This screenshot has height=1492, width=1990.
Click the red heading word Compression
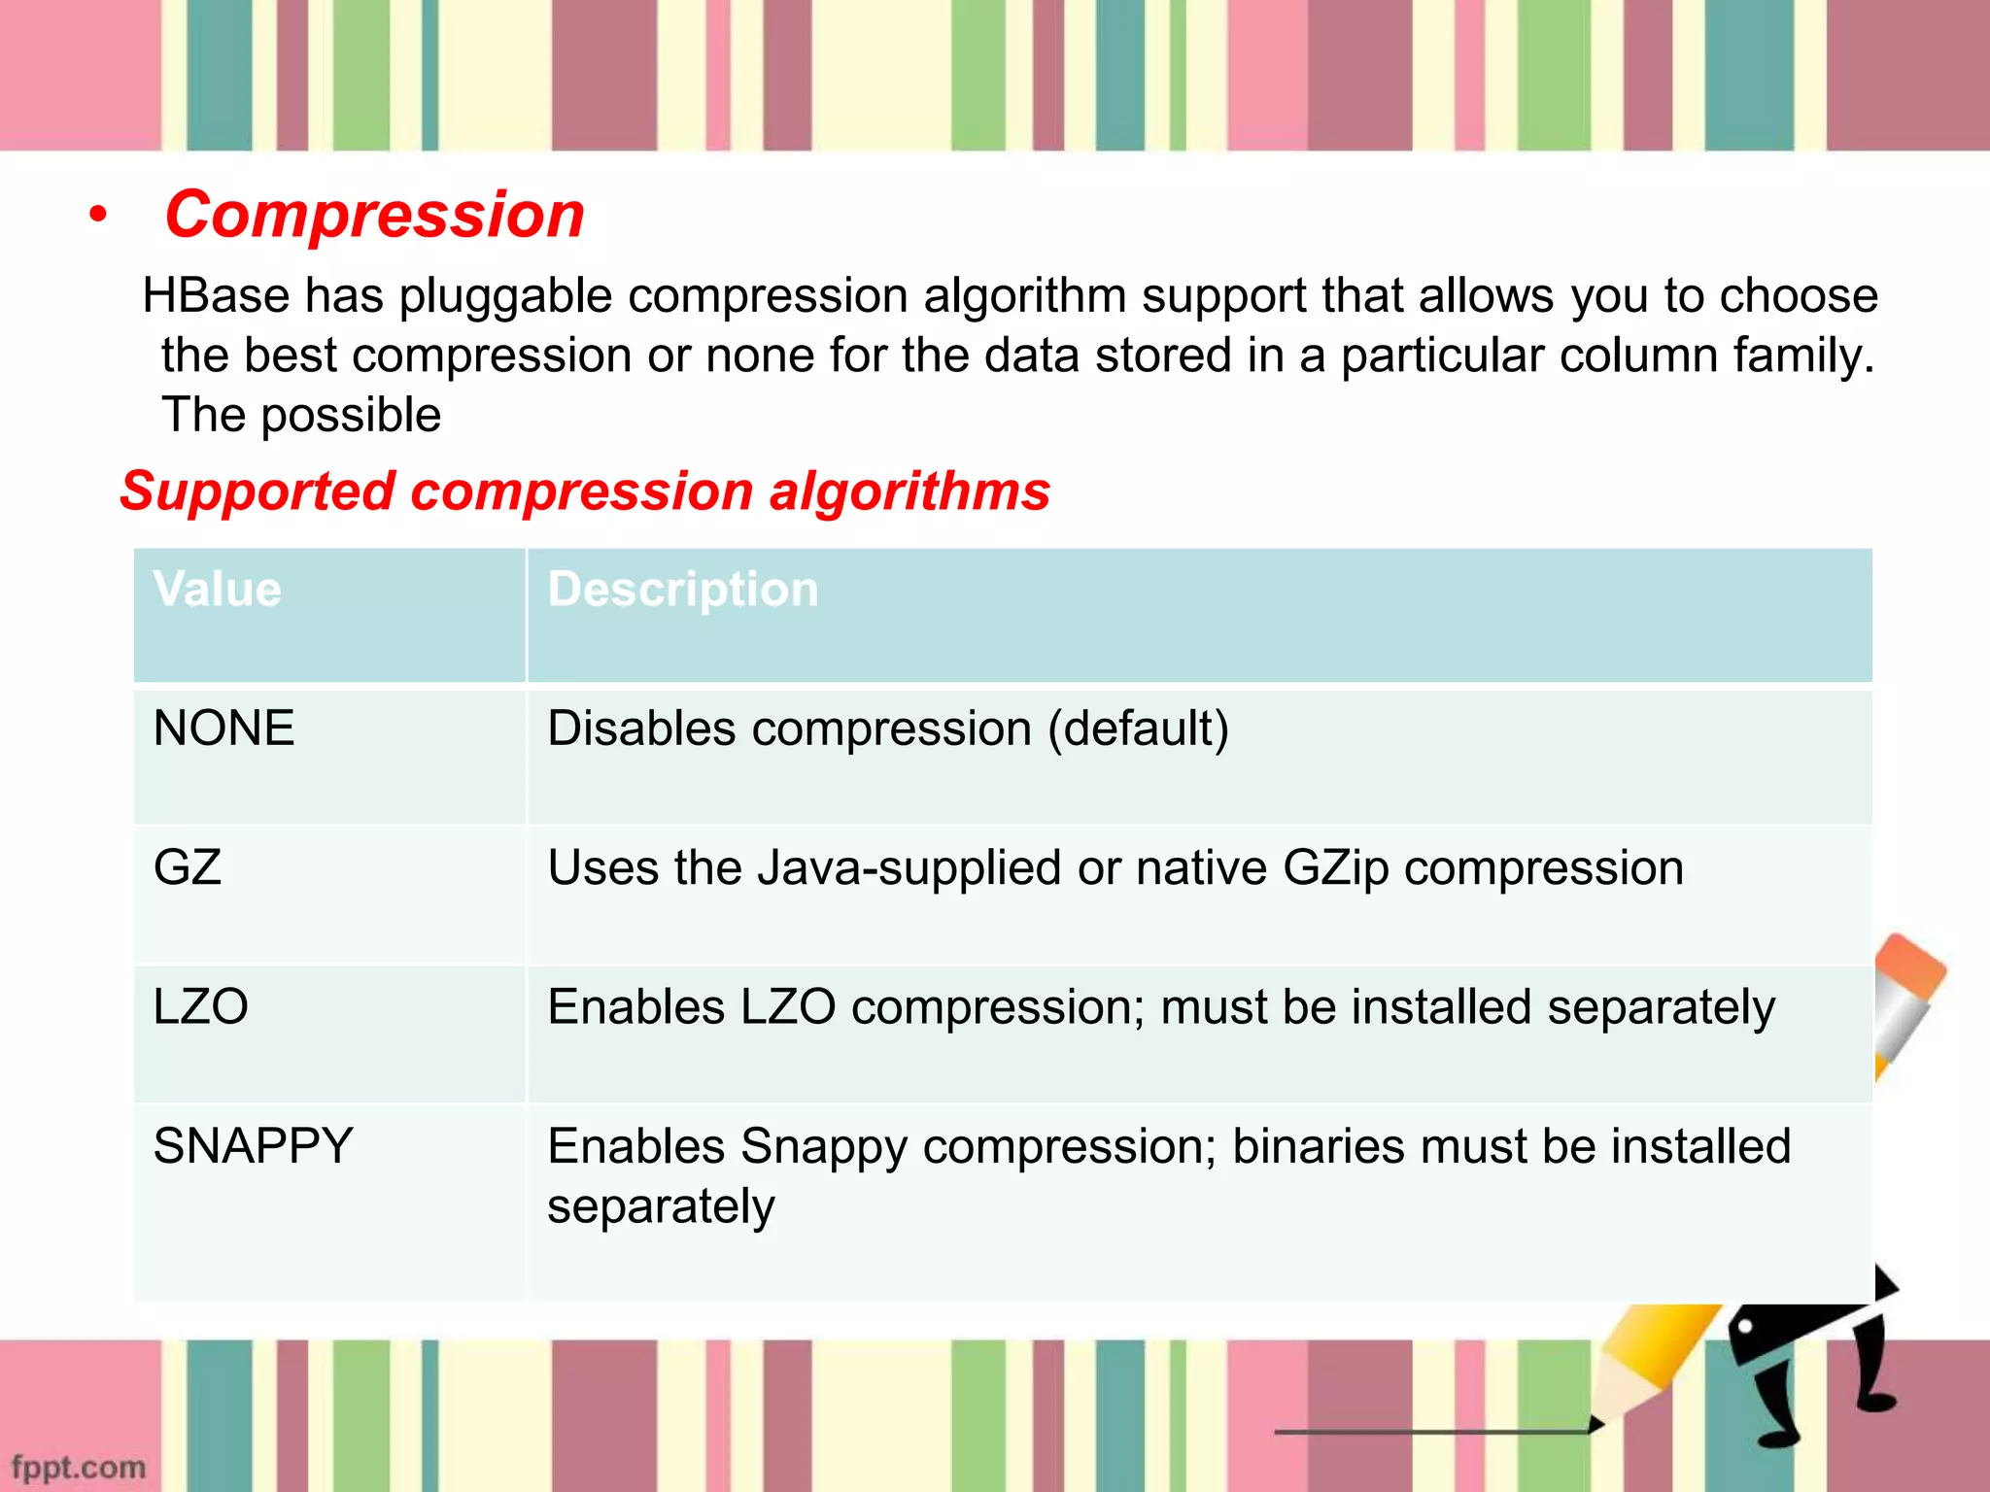(374, 215)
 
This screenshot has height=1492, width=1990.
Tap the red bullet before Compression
(97, 217)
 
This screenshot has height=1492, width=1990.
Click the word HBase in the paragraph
(216, 295)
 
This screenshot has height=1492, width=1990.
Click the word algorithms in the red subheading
(909, 492)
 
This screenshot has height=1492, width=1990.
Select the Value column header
(218, 590)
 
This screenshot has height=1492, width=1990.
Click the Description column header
(683, 590)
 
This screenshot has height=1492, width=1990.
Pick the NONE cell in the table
(223, 729)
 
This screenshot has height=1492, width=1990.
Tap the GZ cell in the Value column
(188, 867)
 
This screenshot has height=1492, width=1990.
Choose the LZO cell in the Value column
(201, 1006)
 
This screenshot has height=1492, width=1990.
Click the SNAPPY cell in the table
(253, 1146)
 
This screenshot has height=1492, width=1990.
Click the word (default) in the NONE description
(1138, 729)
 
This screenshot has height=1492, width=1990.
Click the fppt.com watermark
(78, 1467)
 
